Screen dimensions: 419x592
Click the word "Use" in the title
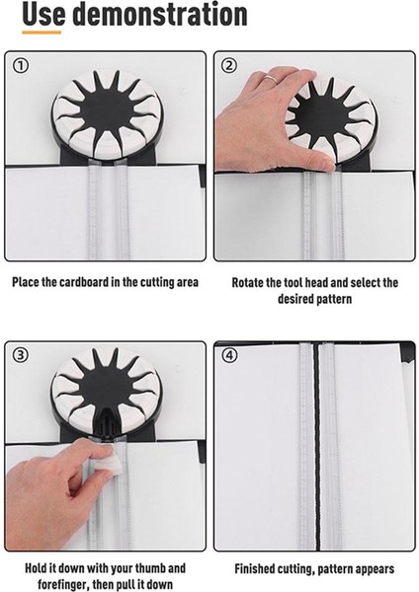[x=43, y=14]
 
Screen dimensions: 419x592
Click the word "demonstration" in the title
[x=159, y=14]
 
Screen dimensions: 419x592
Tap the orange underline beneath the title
[x=42, y=33]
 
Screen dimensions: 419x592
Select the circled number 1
[x=21, y=66]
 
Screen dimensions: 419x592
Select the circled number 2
[x=229, y=66]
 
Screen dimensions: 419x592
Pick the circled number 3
[x=21, y=354]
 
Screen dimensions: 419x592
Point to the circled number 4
[x=229, y=355]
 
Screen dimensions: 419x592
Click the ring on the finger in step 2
[x=271, y=79]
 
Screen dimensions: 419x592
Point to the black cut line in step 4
[x=317, y=446]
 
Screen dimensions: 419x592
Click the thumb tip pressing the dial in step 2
[x=326, y=164]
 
